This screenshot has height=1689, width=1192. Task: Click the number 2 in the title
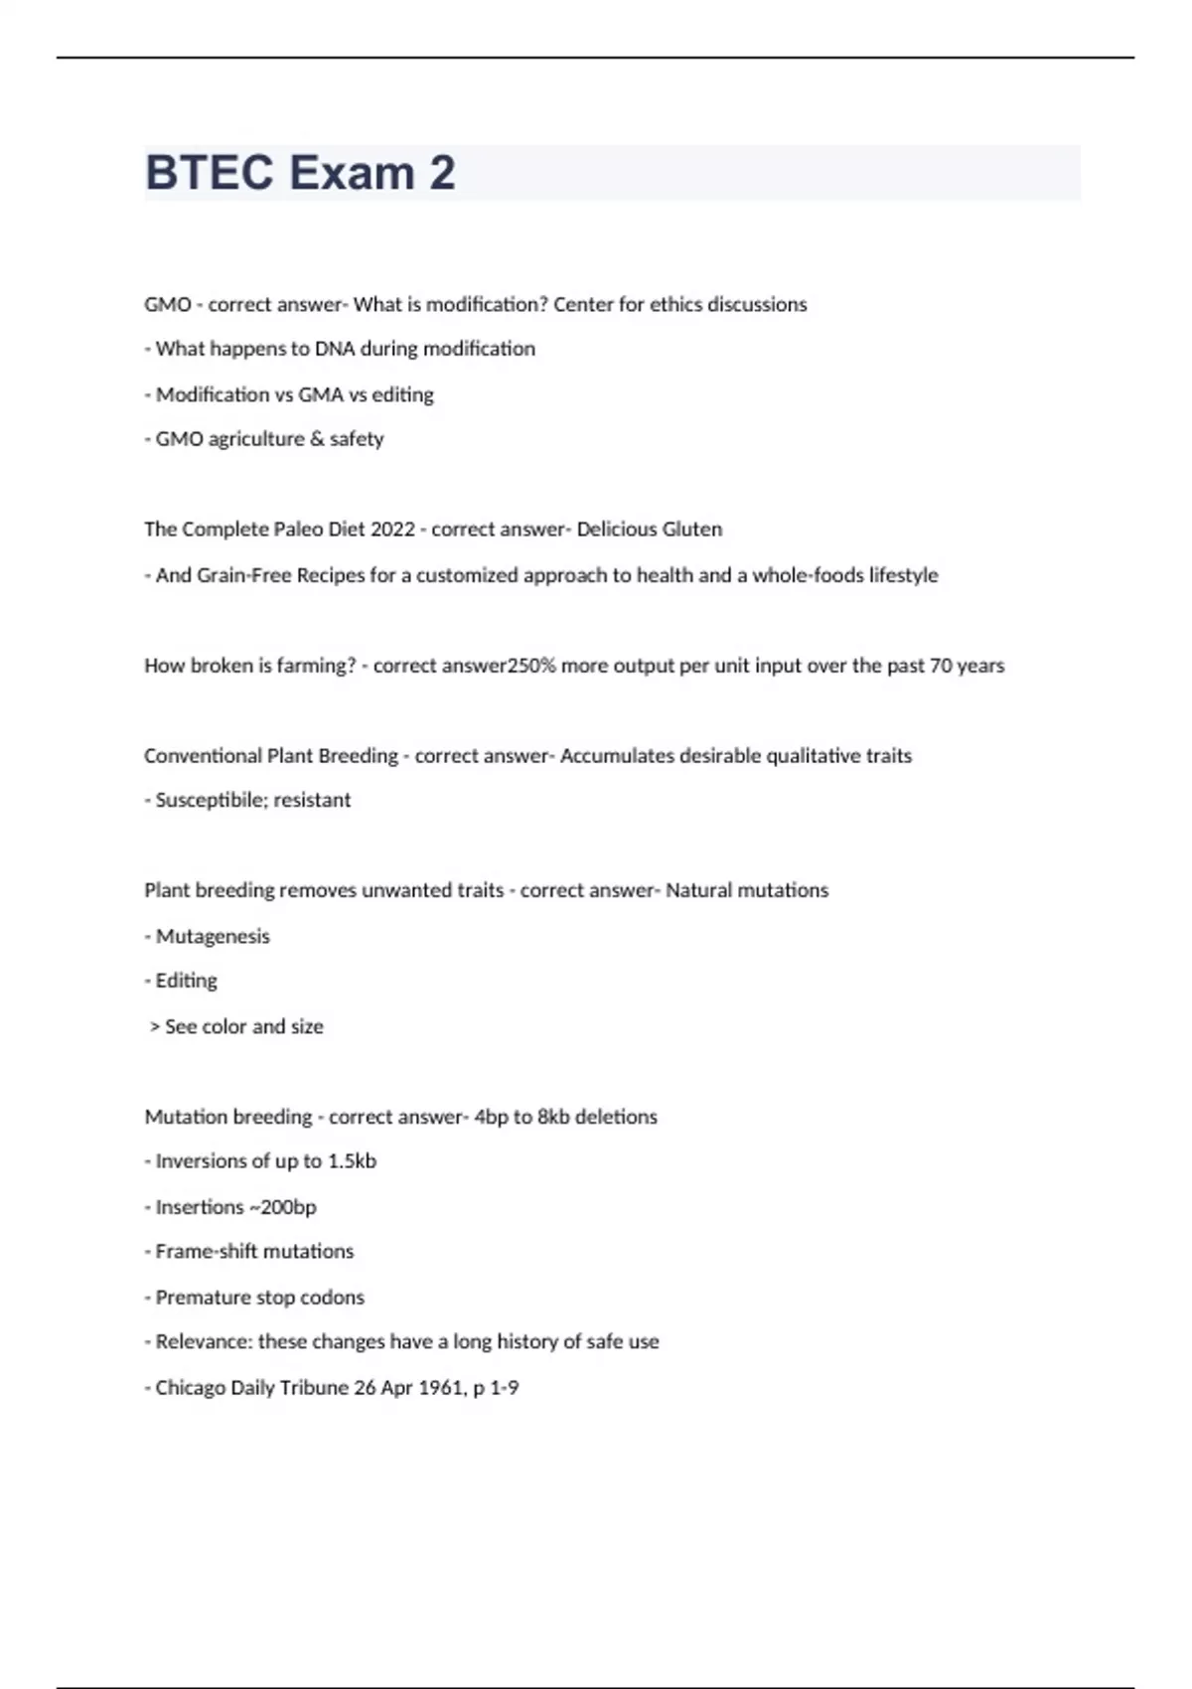(443, 173)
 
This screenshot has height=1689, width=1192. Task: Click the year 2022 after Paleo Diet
(392, 530)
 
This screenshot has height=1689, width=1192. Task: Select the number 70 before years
(941, 666)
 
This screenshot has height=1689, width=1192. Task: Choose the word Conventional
(203, 756)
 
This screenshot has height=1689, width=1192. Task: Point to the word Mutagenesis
(213, 937)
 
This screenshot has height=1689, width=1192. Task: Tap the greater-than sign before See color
(155, 1027)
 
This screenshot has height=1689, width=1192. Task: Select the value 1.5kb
(352, 1161)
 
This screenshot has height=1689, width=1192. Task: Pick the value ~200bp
(282, 1208)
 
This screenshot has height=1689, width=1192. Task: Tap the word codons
(332, 1298)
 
